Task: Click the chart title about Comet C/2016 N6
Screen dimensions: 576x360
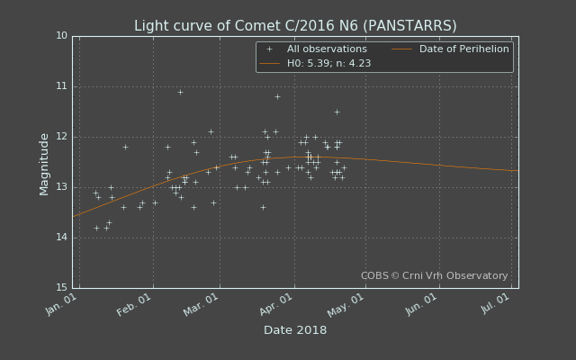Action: (x=295, y=26)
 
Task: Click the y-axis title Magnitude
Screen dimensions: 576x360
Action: (x=44, y=165)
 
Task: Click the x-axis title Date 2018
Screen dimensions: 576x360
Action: (x=295, y=330)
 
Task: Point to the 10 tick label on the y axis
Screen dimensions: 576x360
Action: (x=62, y=36)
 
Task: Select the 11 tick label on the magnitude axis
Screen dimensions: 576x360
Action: (x=62, y=86)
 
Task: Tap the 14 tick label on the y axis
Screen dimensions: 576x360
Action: (x=62, y=238)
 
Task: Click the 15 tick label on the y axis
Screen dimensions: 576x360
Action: (x=62, y=287)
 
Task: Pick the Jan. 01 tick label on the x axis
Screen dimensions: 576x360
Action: (x=61, y=304)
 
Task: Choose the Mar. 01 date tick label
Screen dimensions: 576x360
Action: (x=201, y=304)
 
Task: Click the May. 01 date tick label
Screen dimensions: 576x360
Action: (x=346, y=304)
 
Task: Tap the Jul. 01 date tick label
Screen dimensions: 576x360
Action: (x=495, y=303)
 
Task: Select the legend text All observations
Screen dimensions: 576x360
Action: (x=327, y=49)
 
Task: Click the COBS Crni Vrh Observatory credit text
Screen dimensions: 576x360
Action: (x=434, y=275)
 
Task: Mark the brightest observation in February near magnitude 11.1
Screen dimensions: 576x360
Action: (x=180, y=92)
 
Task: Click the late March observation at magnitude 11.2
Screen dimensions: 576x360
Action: (x=278, y=96)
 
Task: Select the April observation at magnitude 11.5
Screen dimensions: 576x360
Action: (x=337, y=112)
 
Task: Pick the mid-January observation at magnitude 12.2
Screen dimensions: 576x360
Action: (x=125, y=147)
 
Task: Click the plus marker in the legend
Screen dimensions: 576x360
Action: (x=270, y=49)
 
